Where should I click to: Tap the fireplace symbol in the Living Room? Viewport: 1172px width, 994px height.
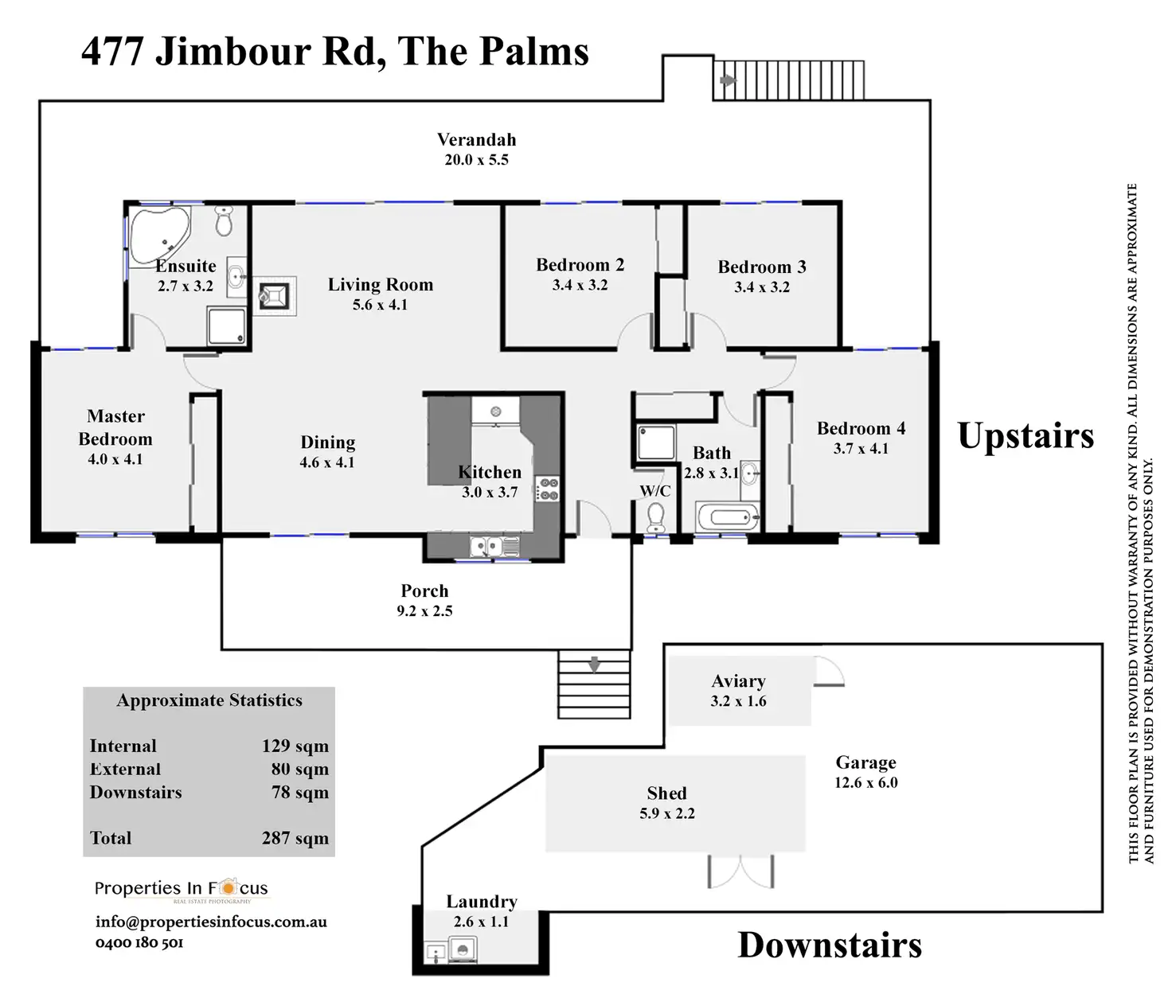274,297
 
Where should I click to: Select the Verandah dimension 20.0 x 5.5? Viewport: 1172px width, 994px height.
476,160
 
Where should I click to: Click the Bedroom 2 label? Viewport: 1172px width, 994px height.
580,265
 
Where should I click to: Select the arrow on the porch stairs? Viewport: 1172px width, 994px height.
594,664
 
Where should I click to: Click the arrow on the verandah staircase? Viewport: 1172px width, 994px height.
728,80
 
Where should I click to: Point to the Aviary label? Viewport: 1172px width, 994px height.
738,681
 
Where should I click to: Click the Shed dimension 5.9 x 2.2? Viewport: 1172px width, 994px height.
667,813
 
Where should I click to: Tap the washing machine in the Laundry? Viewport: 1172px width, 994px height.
463,949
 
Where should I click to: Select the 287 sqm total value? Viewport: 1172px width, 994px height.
295,838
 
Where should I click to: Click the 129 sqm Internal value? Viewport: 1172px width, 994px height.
295,746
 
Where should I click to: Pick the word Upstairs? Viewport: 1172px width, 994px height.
1025,436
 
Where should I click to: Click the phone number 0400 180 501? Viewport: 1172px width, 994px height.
139,943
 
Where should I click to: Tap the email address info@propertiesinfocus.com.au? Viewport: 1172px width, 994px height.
211,922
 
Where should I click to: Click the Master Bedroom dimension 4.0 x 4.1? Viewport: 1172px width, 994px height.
115,459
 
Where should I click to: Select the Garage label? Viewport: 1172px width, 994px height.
865,762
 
